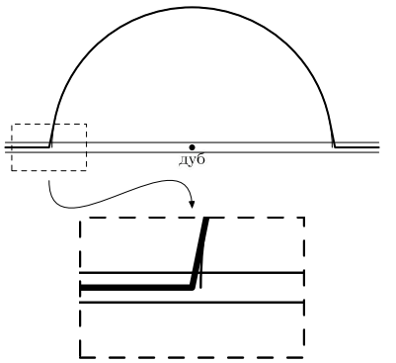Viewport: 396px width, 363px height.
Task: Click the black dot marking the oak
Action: [192, 147]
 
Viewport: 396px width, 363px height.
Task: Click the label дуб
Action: [192, 159]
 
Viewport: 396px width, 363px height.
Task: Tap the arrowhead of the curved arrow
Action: [192, 205]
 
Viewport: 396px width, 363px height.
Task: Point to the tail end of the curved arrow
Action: [49, 180]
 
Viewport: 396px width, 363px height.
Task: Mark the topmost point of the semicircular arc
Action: [193, 7]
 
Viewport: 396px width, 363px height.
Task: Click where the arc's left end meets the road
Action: [50, 146]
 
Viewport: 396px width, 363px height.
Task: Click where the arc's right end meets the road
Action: [335, 146]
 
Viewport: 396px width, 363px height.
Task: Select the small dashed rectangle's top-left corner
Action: [12, 124]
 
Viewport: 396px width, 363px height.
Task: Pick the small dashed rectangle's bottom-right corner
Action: [86, 170]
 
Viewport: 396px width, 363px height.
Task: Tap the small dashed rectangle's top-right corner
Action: [86, 124]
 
